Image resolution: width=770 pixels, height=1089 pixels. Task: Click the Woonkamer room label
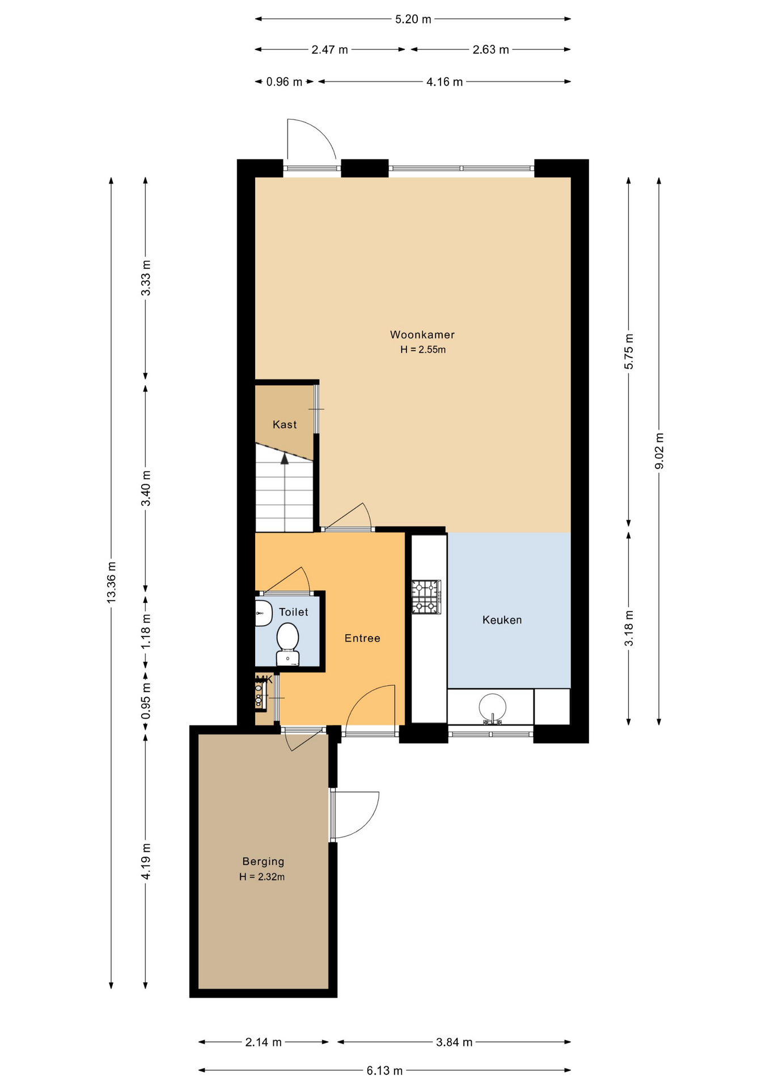pyautogui.click(x=422, y=335)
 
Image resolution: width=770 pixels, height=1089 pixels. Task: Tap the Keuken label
pyautogui.click(x=502, y=620)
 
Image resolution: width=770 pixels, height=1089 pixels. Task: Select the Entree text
pyautogui.click(x=362, y=638)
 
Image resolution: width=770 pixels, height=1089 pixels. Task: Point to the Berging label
pyautogui.click(x=263, y=862)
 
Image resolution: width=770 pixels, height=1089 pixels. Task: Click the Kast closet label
pyautogui.click(x=285, y=424)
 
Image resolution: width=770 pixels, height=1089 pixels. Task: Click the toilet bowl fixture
pyautogui.click(x=287, y=644)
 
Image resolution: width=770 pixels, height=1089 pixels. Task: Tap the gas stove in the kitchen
pyautogui.click(x=426, y=597)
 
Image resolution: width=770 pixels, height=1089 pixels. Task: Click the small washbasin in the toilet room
pyautogui.click(x=263, y=613)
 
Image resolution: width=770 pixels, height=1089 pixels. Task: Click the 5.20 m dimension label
pyautogui.click(x=413, y=19)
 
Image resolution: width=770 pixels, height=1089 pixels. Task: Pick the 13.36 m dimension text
pyautogui.click(x=112, y=583)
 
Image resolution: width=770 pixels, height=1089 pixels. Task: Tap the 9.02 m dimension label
pyautogui.click(x=659, y=451)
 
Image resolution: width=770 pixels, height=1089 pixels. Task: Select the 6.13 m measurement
pyautogui.click(x=384, y=1070)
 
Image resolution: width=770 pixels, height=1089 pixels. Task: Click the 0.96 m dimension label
pyautogui.click(x=284, y=82)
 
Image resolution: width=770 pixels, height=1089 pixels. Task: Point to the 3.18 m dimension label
pyautogui.click(x=629, y=628)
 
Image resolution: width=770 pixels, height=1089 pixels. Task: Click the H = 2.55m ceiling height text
pyautogui.click(x=423, y=350)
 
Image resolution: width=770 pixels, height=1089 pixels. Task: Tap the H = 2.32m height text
pyautogui.click(x=262, y=877)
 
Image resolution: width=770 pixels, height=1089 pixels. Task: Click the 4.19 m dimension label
pyautogui.click(x=146, y=862)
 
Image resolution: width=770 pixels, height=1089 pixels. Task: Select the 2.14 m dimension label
pyautogui.click(x=263, y=1042)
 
